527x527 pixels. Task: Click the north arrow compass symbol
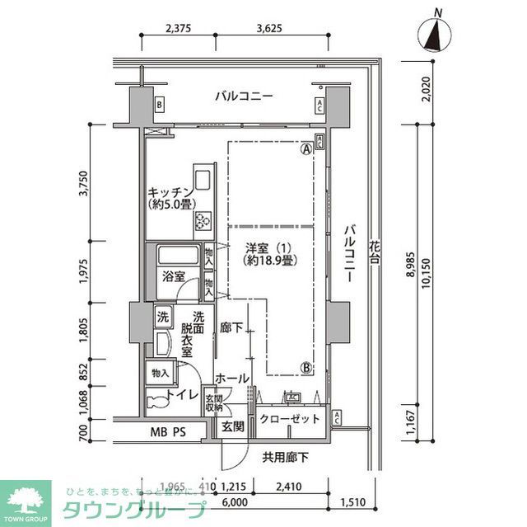point(436,34)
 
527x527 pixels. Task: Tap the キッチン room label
point(170,191)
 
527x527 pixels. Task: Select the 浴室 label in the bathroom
point(172,275)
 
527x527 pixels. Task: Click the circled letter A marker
point(306,150)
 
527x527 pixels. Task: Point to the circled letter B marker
point(306,369)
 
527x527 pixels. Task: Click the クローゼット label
point(289,419)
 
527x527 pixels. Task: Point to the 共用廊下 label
point(286,457)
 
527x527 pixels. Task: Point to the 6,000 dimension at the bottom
point(234,501)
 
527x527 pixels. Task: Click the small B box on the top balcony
point(159,105)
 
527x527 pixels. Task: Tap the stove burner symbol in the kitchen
point(202,219)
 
